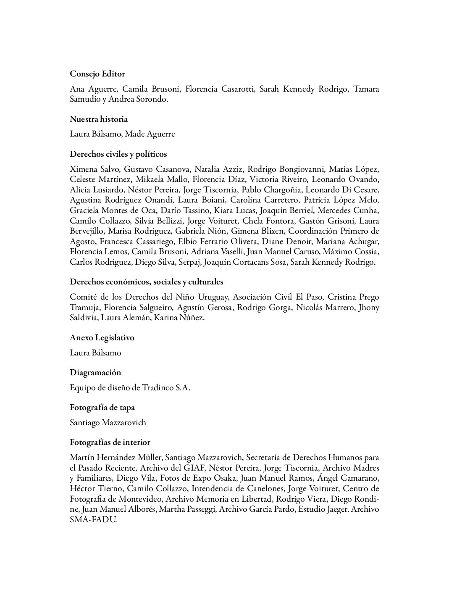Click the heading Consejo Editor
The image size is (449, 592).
[97, 74]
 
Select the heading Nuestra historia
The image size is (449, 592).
[99, 119]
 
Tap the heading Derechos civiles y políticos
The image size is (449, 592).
[118, 154]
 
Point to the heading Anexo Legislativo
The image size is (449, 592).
[102, 338]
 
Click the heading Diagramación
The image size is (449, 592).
[95, 373]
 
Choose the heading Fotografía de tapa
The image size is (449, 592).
[102, 408]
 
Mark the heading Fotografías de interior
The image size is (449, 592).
[110, 442]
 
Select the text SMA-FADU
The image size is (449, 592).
[93, 520]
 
